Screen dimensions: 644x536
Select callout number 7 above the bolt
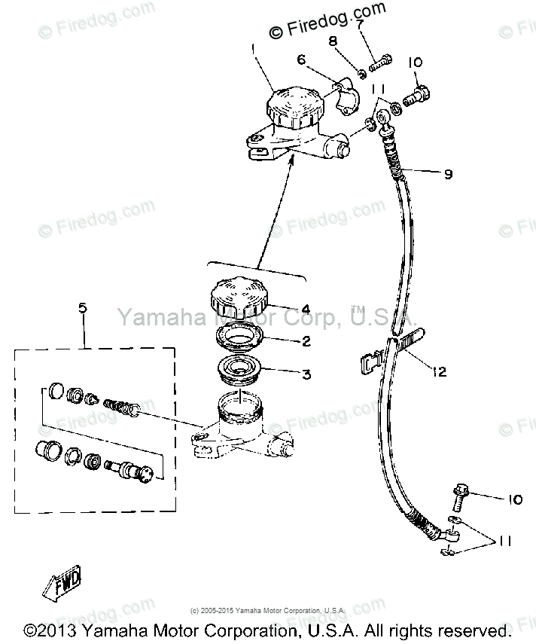[x=360, y=24]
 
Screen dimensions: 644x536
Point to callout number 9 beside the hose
[x=448, y=174]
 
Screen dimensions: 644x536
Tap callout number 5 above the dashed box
[x=83, y=307]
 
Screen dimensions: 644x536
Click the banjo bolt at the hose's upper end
[x=416, y=95]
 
